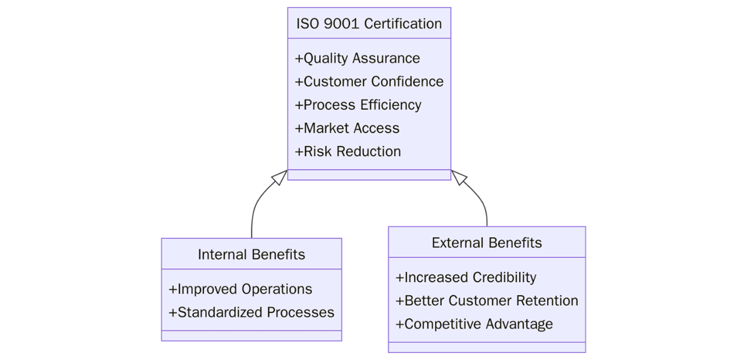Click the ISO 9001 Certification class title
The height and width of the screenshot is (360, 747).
[x=369, y=24]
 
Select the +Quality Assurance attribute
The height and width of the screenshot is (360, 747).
[x=358, y=58]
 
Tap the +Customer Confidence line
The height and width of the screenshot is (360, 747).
[x=369, y=82]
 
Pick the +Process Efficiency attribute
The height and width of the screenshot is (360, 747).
[x=358, y=105]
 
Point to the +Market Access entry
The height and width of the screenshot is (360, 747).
[x=347, y=128]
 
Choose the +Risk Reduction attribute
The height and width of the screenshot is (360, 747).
[x=348, y=152]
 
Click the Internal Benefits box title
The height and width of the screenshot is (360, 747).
[x=251, y=254]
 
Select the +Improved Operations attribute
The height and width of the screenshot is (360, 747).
[x=241, y=289]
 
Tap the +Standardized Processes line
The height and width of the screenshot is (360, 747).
[x=251, y=312]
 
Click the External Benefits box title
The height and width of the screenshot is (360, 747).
[x=486, y=243]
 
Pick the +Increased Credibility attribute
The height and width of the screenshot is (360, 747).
[x=466, y=278]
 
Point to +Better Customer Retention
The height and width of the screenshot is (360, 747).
[x=487, y=301]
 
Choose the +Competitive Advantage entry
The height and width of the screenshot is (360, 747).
[x=475, y=324]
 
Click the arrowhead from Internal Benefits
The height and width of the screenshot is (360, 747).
[x=280, y=177]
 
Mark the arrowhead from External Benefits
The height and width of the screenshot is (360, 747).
[x=459, y=177]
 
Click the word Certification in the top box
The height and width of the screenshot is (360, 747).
[x=403, y=24]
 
